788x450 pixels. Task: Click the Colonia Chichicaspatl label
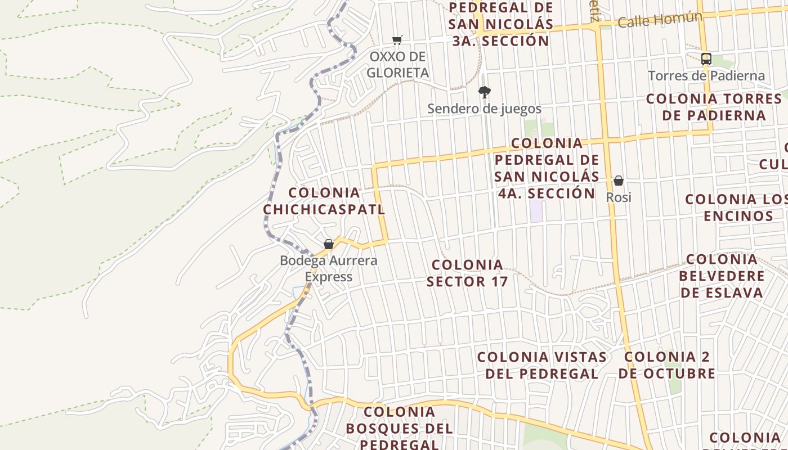click(324, 201)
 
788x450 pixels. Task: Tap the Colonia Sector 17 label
click(467, 273)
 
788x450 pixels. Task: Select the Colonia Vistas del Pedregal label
click(541, 365)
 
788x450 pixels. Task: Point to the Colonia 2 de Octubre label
click(667, 365)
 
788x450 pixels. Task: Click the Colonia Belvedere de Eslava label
click(722, 276)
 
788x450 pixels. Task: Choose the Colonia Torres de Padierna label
click(714, 107)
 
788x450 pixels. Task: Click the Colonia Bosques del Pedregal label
click(399, 427)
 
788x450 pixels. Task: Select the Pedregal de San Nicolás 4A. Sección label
click(547, 168)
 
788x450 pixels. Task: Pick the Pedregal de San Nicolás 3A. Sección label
click(501, 24)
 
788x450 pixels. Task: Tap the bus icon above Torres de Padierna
click(706, 58)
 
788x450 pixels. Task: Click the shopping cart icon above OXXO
click(397, 39)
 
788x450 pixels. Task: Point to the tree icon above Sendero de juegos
click(484, 92)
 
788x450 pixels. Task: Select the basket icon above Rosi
click(619, 181)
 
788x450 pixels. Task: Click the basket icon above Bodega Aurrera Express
click(329, 244)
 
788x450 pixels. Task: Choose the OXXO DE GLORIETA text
click(397, 64)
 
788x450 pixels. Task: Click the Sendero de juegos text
click(484, 109)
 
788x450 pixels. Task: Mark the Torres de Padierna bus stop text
click(706, 75)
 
